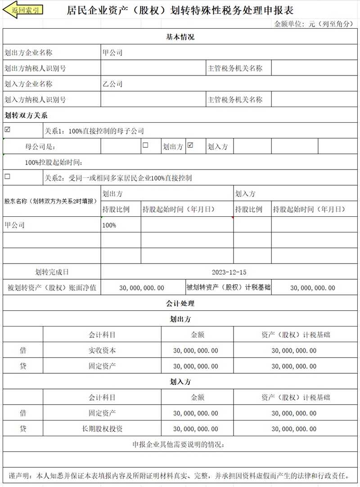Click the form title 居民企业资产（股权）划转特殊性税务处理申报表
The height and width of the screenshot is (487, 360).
pos(180,11)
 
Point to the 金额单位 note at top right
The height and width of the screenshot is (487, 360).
pos(314,24)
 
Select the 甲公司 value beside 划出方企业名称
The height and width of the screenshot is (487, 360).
pos(112,53)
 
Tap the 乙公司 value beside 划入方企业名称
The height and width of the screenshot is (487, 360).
pos(112,84)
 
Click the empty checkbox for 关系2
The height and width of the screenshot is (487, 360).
pos(7,177)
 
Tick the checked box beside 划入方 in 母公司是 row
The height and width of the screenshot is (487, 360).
pos(190,145)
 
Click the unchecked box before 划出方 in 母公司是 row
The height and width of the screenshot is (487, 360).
pos(145,145)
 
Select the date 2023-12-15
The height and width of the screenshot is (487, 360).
pos(229,272)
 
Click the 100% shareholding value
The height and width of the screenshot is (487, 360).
pos(109,225)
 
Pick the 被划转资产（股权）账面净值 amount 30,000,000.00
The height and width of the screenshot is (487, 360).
pos(142,288)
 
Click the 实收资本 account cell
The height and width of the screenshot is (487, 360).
pos(102,350)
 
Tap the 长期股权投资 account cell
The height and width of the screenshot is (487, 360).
pos(102,429)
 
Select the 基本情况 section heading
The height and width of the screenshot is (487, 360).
pos(180,37)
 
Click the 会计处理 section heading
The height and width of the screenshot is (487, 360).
pos(180,304)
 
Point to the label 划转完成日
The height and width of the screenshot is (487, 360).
pos(52,272)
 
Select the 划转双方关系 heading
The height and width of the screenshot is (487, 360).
pos(26,115)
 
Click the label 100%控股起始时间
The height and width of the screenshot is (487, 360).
pos(54,162)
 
